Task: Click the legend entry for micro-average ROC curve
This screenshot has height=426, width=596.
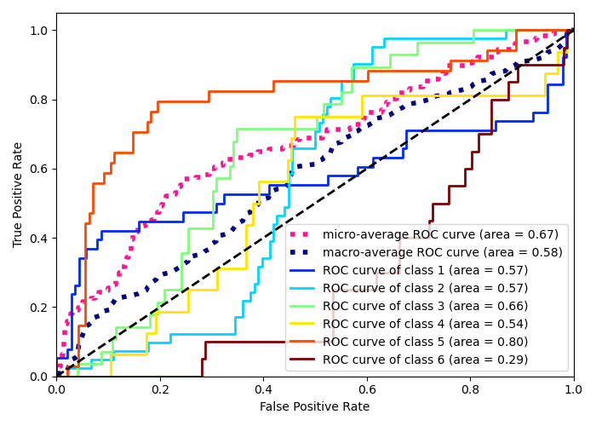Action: pyautogui.click(x=441, y=234)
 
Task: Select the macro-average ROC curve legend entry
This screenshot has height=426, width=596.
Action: pyautogui.click(x=442, y=252)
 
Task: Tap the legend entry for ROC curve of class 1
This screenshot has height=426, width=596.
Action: pyautogui.click(x=425, y=270)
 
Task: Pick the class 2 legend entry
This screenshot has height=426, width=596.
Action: pyautogui.click(x=425, y=288)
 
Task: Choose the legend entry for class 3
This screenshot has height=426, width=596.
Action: pyautogui.click(x=425, y=306)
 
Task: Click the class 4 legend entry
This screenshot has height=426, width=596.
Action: pyautogui.click(x=425, y=324)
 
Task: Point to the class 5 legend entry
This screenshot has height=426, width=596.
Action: pyautogui.click(x=425, y=342)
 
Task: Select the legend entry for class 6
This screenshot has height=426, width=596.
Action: pyautogui.click(x=425, y=360)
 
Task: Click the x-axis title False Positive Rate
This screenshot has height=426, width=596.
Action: pyautogui.click(x=314, y=407)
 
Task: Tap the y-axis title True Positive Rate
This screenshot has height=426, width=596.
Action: pyautogui.click(x=19, y=194)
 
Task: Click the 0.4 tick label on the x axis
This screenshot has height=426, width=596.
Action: pyautogui.click(x=263, y=389)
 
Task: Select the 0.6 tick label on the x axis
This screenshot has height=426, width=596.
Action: pyautogui.click(x=366, y=389)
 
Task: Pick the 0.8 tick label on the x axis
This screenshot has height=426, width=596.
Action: pyautogui.click(x=470, y=389)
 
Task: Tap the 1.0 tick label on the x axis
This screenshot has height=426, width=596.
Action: pyautogui.click(x=573, y=389)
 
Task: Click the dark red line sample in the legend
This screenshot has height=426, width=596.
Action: pyautogui.click(x=304, y=360)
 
